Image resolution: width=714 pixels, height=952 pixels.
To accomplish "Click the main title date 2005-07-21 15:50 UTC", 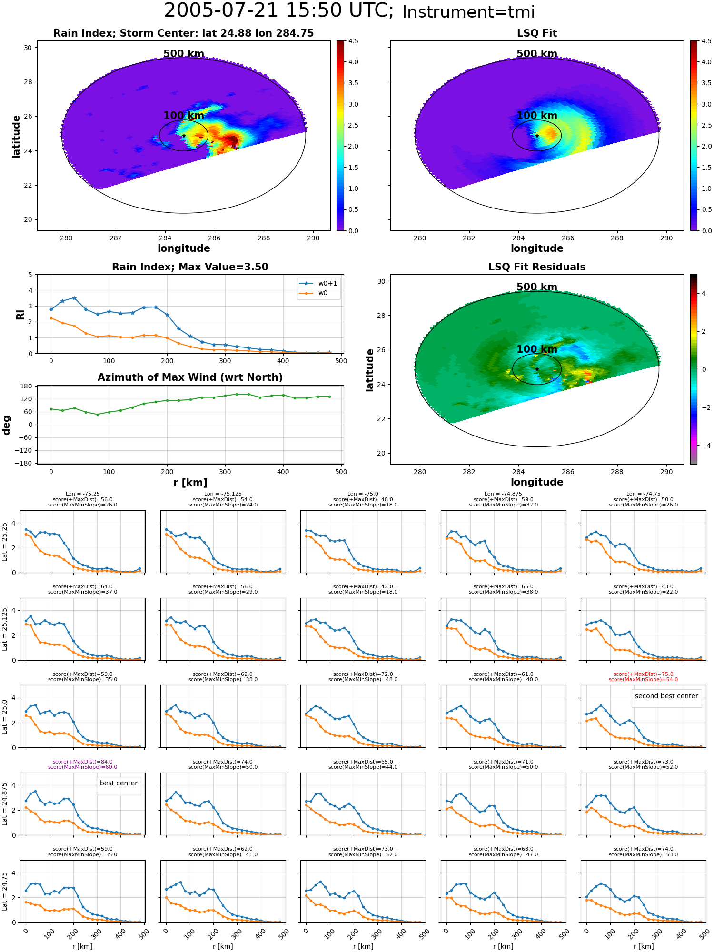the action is pos(279,11).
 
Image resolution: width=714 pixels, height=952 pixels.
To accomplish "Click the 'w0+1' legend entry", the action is pos(318,283).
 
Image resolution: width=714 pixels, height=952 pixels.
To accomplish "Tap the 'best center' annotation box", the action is pos(119,783).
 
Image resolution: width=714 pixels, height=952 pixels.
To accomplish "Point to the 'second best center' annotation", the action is pos(666,696).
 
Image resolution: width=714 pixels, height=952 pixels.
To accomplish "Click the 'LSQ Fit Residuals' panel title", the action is pos(537,267).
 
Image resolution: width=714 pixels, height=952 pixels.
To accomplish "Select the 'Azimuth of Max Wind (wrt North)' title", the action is pos(190,377).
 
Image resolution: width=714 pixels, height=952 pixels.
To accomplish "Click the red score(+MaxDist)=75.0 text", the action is pos(643,674).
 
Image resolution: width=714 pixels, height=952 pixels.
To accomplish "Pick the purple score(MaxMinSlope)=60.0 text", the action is pos(82,767).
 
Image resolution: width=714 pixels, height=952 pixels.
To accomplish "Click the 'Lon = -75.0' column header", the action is pos(363,494).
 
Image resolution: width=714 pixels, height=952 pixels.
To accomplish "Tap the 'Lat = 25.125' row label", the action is pos(5,629).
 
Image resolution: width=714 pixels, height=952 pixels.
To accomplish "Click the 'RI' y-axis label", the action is pos(20,315).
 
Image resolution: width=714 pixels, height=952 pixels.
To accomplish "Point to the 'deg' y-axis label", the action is pos(7,425).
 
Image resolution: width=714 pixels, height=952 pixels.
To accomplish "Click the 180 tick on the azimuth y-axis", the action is pos(27,386).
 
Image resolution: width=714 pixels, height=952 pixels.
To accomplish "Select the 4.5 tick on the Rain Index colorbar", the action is pos(353,41).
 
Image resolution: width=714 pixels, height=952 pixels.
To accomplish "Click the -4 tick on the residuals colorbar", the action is pos(703,446).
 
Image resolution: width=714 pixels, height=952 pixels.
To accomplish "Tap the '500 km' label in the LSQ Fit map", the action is pos(537,54).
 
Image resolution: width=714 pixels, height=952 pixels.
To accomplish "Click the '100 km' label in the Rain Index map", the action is pos(184,116).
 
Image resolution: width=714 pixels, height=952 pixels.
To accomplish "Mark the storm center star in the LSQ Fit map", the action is pos(537,136).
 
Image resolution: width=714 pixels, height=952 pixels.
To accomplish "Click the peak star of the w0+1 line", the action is pos(74,298).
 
